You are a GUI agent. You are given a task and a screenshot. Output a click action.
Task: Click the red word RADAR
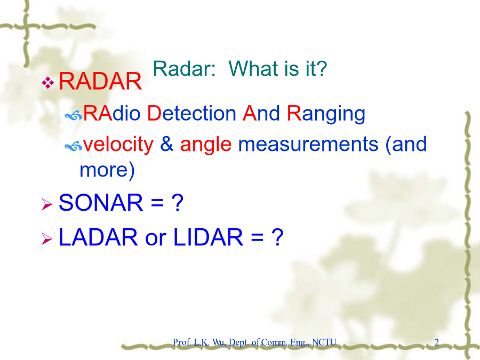click(100, 82)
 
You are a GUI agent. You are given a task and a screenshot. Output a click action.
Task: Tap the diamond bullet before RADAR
click(48, 82)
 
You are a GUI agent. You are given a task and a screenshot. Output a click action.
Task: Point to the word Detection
click(191, 113)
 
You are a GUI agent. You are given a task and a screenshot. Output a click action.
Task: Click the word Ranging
click(326, 115)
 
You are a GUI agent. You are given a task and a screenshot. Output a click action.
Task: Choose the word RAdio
click(112, 113)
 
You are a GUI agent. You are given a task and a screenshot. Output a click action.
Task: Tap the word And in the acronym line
click(261, 113)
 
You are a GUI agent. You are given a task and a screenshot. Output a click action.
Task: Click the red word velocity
click(118, 145)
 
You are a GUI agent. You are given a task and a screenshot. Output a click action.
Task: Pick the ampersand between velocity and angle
click(166, 144)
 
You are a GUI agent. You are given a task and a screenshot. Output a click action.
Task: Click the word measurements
click(308, 145)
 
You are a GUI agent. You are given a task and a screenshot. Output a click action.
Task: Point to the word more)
click(107, 170)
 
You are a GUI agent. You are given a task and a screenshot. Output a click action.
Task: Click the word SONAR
click(101, 203)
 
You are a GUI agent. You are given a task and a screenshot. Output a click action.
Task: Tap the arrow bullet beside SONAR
click(47, 204)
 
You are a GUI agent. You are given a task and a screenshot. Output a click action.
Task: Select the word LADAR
click(98, 237)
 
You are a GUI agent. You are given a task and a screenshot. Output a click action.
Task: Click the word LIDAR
click(208, 237)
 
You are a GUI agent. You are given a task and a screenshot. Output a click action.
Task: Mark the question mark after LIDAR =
click(278, 237)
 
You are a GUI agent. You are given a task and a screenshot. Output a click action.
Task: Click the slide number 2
click(437, 342)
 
